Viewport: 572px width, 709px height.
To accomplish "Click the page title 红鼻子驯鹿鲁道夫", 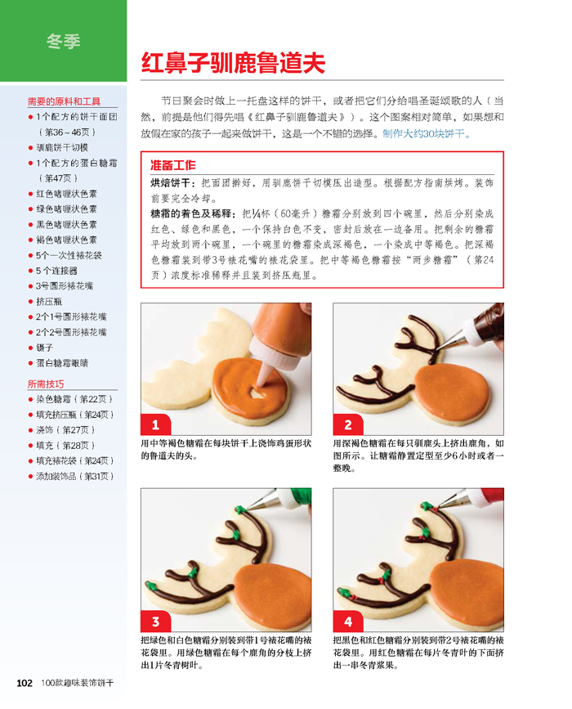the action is pyautogui.click(x=233, y=62).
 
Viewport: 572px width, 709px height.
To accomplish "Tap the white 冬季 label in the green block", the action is pyautogui.click(x=63, y=42).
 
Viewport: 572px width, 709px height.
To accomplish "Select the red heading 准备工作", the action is pyautogui.click(x=173, y=165).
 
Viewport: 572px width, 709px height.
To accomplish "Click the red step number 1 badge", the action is pyautogui.click(x=156, y=424).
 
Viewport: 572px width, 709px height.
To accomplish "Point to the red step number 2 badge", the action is pyautogui.click(x=348, y=424).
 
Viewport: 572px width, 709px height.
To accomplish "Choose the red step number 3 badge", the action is pyautogui.click(x=156, y=621).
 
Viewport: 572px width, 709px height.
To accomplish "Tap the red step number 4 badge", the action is pyautogui.click(x=348, y=621).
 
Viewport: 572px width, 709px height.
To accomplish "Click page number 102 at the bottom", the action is pyautogui.click(x=25, y=683).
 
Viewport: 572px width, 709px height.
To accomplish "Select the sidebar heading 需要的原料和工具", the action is pyautogui.click(x=64, y=101).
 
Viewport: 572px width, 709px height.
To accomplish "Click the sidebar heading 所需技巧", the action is pyautogui.click(x=46, y=384).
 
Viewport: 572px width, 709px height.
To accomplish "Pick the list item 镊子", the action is pyautogui.click(x=45, y=348).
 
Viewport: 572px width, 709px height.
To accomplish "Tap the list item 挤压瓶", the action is pyautogui.click(x=49, y=301).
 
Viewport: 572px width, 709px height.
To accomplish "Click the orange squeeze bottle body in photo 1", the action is pyautogui.click(x=280, y=325).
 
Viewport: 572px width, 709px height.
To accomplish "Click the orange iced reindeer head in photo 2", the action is pyautogui.click(x=451, y=390).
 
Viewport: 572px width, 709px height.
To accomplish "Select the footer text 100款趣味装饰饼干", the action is pyautogui.click(x=78, y=683).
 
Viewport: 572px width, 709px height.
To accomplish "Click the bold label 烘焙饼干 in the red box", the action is pyautogui.click(x=170, y=183).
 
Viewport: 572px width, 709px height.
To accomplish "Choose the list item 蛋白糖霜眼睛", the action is pyautogui.click(x=62, y=362).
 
